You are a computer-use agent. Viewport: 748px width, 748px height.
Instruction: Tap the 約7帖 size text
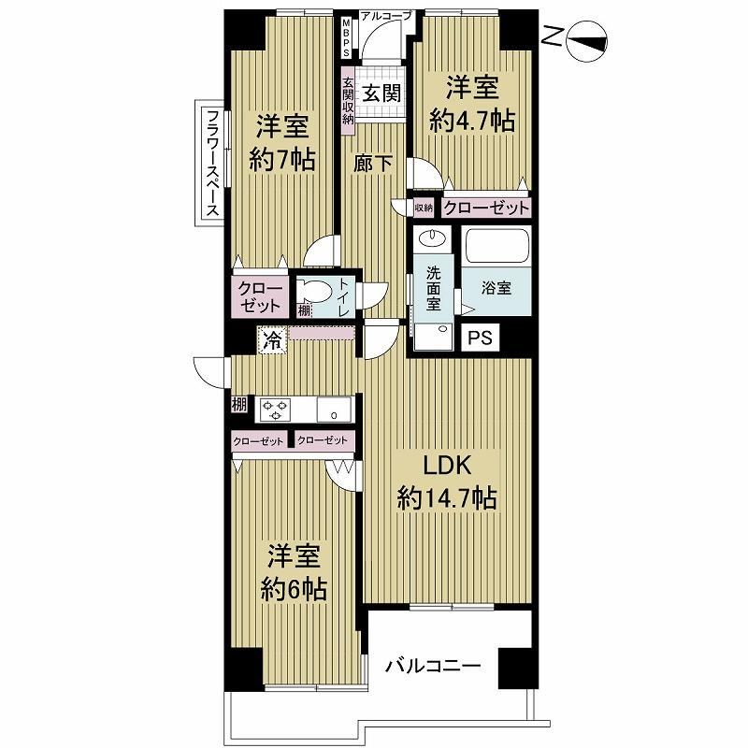point(282,159)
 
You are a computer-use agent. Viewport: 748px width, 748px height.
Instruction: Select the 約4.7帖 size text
point(472,121)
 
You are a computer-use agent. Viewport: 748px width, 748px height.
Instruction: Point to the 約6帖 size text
point(294,590)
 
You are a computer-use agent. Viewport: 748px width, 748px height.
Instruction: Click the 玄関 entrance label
point(381,93)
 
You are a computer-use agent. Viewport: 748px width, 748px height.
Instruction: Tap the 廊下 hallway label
point(373,164)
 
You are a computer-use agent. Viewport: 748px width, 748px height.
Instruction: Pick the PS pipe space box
point(480,338)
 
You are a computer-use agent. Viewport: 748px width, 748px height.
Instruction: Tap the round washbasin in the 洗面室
point(433,237)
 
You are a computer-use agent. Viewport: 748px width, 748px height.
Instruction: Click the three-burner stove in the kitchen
point(275,410)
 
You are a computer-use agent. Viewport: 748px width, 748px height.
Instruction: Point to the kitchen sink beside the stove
point(334,410)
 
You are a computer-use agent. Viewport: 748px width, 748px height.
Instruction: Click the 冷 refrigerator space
point(273,340)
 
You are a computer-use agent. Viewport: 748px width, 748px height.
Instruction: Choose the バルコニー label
point(433,666)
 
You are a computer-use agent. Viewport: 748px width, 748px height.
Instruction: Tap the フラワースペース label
point(213,163)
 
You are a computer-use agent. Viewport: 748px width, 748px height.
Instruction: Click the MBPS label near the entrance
point(346,38)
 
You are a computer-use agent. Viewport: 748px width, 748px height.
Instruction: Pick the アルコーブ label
point(385,16)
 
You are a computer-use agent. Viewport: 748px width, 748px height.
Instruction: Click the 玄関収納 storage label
point(348,101)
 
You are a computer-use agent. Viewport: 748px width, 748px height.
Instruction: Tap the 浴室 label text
point(496,288)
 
